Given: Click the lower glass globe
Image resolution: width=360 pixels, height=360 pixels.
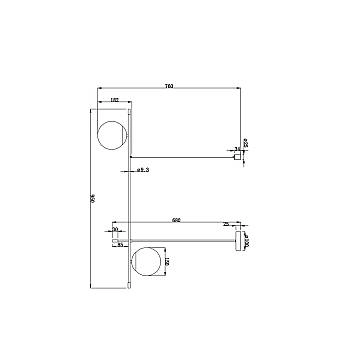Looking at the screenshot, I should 148,262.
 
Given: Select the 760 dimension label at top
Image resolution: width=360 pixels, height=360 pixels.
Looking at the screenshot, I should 172,85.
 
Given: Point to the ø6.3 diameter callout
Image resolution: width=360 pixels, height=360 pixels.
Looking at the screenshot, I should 143,173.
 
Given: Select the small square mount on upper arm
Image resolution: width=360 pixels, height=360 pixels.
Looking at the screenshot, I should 238,155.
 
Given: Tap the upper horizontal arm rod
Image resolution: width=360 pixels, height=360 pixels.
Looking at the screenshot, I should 185,155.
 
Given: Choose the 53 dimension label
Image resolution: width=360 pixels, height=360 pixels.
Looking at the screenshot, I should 120,244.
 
